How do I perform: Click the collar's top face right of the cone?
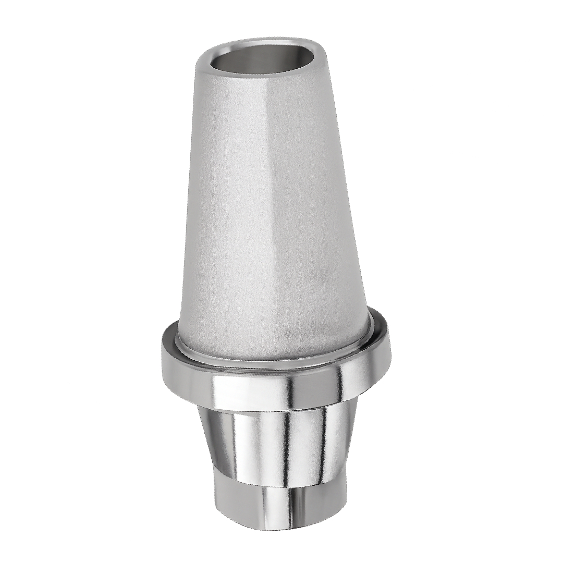(x=380, y=328)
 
